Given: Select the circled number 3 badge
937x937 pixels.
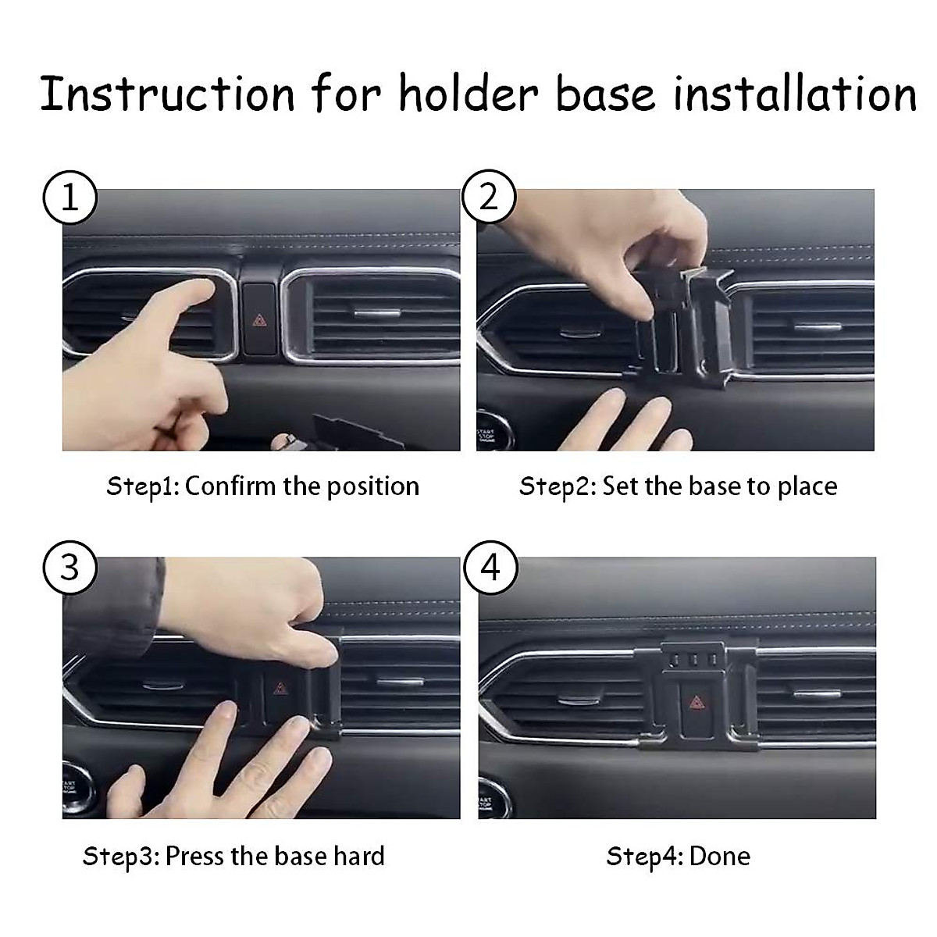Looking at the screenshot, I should coord(69,567).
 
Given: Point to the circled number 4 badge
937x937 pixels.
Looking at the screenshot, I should coord(490,567).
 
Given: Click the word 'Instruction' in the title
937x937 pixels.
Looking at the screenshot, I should coord(168,94).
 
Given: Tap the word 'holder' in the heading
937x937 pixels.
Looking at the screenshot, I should coord(468,94).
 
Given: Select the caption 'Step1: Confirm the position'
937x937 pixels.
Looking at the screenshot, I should coord(262,486).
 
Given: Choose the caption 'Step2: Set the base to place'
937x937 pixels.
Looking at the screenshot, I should coord(678,486).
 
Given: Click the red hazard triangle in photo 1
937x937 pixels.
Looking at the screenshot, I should coord(259,319).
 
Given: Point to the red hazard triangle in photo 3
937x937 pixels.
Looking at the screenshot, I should coord(279,688).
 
